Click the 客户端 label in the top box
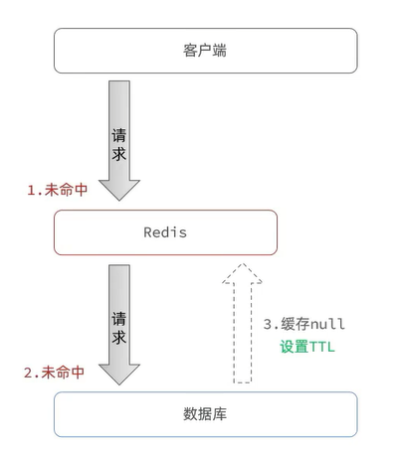pyautogui.click(x=205, y=50)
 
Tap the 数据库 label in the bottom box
pyautogui.click(x=205, y=413)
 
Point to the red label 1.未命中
pyautogui.click(x=57, y=190)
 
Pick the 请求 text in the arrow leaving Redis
pyautogui.click(x=119, y=328)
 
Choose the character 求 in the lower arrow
pyautogui.click(x=119, y=338)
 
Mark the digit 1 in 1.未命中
pyautogui.click(x=31, y=190)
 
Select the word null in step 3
pyautogui.click(x=327, y=325)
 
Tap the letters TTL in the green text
pyautogui.click(x=319, y=347)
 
